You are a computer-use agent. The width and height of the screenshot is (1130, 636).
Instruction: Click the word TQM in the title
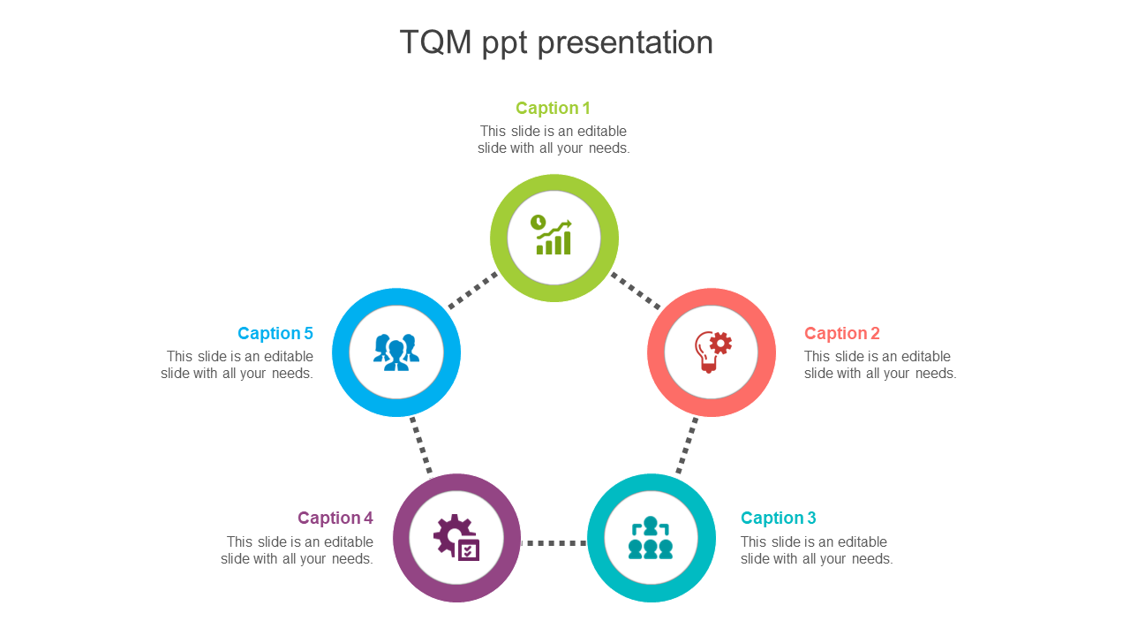click(435, 42)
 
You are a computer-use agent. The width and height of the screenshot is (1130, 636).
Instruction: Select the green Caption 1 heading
click(553, 108)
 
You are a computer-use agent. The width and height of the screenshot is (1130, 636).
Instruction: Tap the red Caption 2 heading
click(842, 333)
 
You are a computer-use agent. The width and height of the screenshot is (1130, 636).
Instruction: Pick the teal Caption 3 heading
click(779, 518)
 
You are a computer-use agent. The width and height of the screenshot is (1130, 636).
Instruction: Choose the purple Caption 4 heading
click(335, 518)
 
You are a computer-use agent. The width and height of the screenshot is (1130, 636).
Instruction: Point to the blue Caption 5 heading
click(275, 333)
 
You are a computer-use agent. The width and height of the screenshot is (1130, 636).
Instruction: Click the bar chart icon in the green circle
click(552, 235)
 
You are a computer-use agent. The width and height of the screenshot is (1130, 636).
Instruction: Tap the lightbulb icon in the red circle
click(712, 352)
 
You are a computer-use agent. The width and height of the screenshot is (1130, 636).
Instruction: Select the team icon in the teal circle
click(651, 538)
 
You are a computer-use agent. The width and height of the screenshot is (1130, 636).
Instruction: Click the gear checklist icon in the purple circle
click(456, 538)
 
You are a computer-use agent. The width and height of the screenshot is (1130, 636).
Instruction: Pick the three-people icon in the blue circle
click(396, 352)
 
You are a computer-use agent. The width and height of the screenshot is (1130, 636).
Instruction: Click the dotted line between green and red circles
click(636, 291)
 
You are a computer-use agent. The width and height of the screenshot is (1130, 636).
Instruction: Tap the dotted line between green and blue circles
click(473, 291)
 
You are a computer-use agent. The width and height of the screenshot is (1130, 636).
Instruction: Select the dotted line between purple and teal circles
click(554, 543)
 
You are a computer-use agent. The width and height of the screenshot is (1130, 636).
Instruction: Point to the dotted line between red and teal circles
click(687, 445)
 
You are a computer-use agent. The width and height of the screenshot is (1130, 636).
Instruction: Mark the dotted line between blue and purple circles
click(421, 445)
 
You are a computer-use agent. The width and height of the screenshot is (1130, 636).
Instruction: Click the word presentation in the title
click(625, 43)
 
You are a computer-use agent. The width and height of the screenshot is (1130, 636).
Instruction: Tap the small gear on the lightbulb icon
click(721, 344)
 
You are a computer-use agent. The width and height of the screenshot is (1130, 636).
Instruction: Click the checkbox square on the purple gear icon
click(469, 550)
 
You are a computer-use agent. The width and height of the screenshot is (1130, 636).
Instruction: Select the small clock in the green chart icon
click(539, 222)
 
